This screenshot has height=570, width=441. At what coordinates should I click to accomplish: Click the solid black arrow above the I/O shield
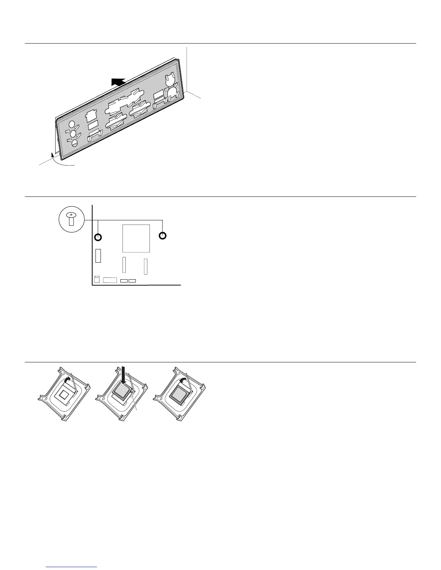click(x=118, y=82)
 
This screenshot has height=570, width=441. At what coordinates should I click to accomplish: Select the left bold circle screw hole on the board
click(x=98, y=237)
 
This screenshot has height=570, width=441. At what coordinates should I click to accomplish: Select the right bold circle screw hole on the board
click(x=163, y=236)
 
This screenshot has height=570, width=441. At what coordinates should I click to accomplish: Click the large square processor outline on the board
click(x=136, y=239)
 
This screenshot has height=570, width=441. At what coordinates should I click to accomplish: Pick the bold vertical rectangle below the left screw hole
click(x=98, y=255)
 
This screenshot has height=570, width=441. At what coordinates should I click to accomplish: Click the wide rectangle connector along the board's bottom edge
click(x=110, y=280)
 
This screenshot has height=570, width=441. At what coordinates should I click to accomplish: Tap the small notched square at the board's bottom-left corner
click(x=97, y=279)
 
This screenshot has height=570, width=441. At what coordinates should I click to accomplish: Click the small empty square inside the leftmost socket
click(x=64, y=395)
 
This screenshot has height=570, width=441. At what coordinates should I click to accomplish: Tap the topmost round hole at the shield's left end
click(x=72, y=125)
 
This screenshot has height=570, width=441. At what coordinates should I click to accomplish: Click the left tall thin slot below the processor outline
click(x=124, y=265)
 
